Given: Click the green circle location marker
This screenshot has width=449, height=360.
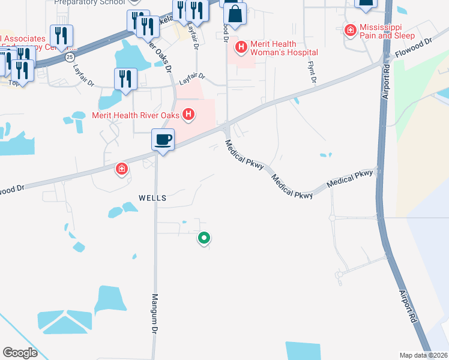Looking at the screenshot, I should pyautogui.click(x=204, y=238).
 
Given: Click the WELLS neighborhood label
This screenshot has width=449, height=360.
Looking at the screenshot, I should pyautogui.click(x=152, y=197).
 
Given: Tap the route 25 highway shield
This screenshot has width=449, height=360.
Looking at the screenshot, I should pyautogui.click(x=70, y=57).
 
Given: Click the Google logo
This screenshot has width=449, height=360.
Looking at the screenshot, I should pyautogui.click(x=20, y=353).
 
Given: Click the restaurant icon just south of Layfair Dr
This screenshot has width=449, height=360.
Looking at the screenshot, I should pyautogui.click(x=125, y=80).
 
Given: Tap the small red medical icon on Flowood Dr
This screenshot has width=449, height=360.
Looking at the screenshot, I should pyautogui.click(x=122, y=170).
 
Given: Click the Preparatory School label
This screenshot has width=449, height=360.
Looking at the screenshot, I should pyautogui.click(x=89, y=2).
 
